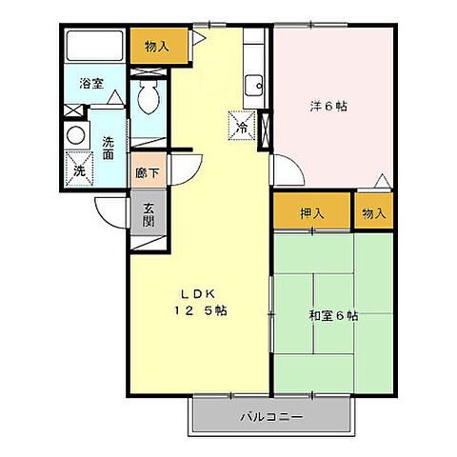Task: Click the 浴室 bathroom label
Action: tap(90, 82)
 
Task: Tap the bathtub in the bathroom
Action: tap(94, 46)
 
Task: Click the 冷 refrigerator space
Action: tap(242, 126)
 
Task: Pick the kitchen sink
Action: tap(254, 88)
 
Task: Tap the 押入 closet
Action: tap(311, 213)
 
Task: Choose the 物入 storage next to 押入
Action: tap(374, 213)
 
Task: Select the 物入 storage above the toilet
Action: tap(157, 45)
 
